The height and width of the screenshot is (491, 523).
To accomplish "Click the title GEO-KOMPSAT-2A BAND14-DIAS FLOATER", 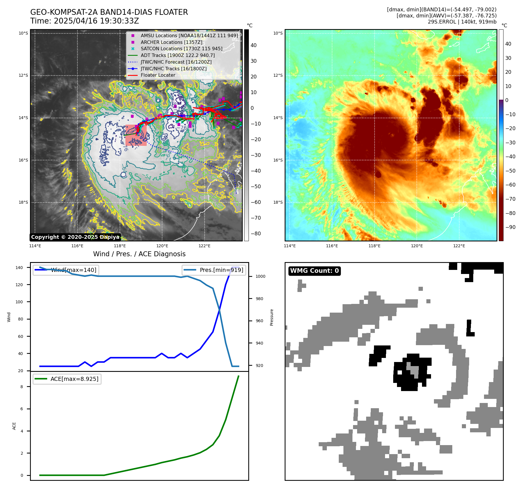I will (109, 12).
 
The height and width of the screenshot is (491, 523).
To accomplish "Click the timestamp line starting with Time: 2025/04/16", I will (84, 21).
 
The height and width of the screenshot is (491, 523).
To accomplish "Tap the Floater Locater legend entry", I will (158, 75).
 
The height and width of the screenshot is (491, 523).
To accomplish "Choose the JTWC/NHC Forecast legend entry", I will (176, 62).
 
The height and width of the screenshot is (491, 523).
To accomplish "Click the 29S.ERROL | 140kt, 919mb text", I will (462, 22).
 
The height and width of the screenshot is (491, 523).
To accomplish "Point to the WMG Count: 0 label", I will (314, 271).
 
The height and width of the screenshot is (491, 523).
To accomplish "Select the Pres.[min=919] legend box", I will (214, 270).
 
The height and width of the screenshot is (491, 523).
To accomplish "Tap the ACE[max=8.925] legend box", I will (67, 379).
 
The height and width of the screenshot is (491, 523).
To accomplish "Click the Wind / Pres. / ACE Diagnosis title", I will (139, 254).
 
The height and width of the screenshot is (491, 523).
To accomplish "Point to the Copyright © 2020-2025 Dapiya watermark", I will (75, 237).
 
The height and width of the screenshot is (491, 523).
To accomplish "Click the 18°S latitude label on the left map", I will (23, 203).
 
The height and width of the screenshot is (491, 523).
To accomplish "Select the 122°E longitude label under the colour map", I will (459, 246).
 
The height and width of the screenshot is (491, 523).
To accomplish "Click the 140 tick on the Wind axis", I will (19, 268).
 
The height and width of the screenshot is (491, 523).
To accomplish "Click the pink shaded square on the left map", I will (136, 135).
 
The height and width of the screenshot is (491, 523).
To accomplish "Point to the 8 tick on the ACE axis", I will (22, 387).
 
